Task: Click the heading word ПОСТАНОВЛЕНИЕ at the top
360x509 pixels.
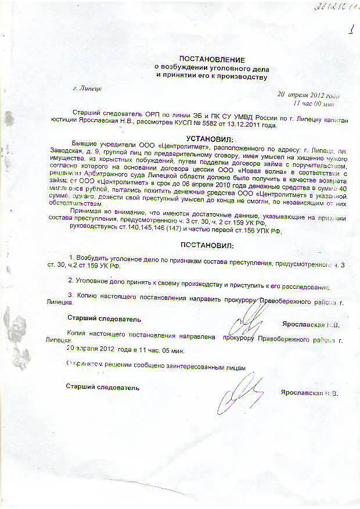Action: tap(212, 60)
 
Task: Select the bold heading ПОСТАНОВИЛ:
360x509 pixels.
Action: tap(205, 245)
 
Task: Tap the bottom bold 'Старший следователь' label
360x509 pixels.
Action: tap(103, 386)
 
